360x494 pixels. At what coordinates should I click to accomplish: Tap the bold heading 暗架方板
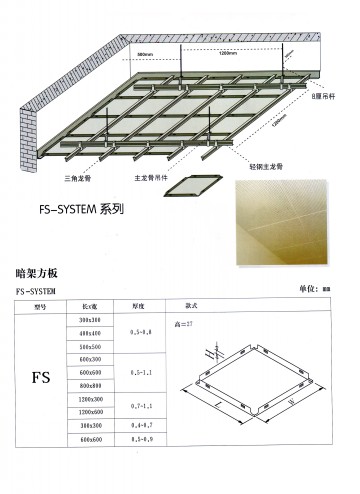40,271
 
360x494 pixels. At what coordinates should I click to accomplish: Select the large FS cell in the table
41,380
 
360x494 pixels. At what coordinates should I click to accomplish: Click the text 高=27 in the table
183,323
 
